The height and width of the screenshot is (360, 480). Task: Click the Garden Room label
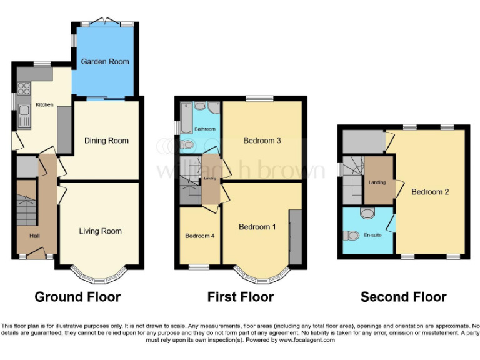[x=105, y=62]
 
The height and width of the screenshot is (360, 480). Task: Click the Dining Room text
[x=106, y=141]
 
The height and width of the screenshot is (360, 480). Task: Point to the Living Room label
[x=101, y=231]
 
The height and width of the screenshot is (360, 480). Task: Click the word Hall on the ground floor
[x=34, y=235]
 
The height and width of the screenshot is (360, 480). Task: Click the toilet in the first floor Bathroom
[x=188, y=144]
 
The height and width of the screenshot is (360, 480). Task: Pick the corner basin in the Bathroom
[x=214, y=107]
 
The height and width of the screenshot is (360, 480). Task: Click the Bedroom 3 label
[x=262, y=141]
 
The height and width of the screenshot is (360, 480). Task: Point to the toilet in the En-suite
[x=351, y=236]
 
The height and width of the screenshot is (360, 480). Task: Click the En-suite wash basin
[x=367, y=214]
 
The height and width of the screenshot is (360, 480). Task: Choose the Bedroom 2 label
[x=430, y=192]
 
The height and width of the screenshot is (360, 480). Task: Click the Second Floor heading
[x=403, y=297]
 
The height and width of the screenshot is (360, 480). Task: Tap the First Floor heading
[x=241, y=297]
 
